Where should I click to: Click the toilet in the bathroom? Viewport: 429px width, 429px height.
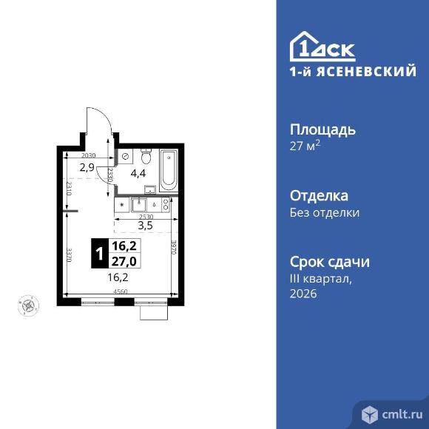coord(146,158)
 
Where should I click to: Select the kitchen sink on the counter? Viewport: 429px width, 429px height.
coord(139,205)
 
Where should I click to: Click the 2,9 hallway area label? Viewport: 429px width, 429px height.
coord(87,168)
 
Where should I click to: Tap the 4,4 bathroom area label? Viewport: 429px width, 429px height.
coord(138,175)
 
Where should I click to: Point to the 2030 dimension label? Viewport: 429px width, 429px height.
coord(89,155)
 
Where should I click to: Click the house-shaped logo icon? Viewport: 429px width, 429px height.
coord(305,47)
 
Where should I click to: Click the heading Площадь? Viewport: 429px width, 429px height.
coord(322,129)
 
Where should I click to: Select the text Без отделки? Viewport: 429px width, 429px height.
coord(324,213)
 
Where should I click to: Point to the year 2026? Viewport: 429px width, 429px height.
coord(303,294)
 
